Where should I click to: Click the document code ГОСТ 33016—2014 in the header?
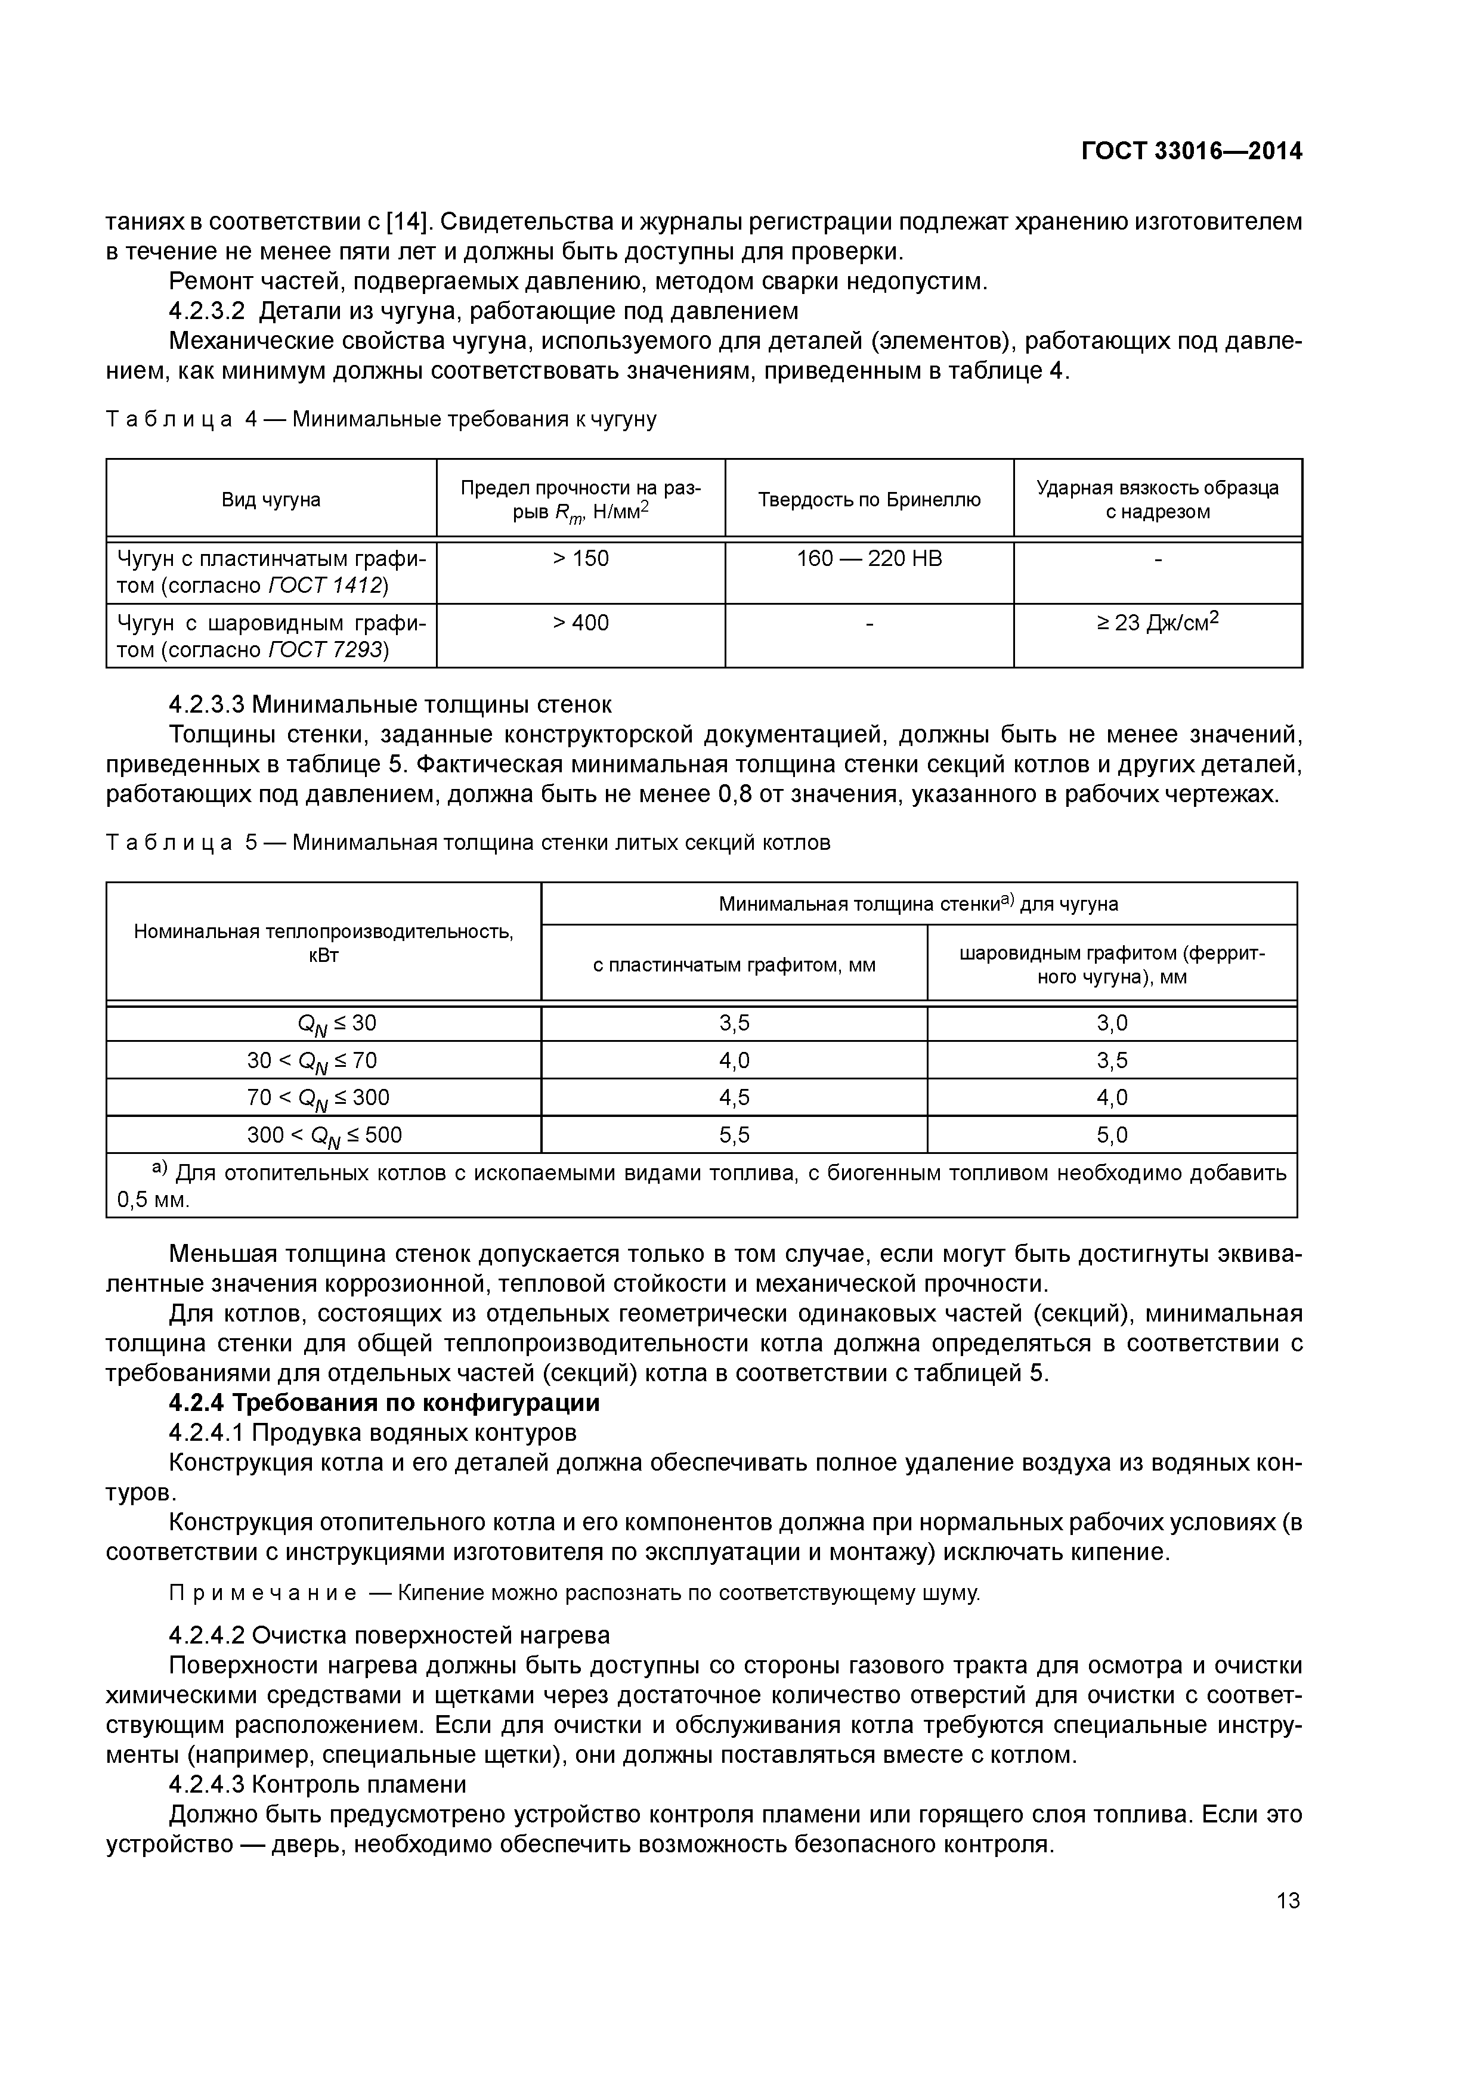coord(1191,151)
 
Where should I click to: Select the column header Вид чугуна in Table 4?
coord(271,499)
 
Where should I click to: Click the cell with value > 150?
coord(580,559)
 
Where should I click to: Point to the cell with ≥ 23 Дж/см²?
coord(1158,623)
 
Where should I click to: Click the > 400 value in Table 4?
coord(580,623)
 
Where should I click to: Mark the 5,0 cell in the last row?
coord(1112,1134)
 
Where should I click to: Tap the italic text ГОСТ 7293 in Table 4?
coord(328,649)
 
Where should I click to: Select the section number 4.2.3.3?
coord(206,704)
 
